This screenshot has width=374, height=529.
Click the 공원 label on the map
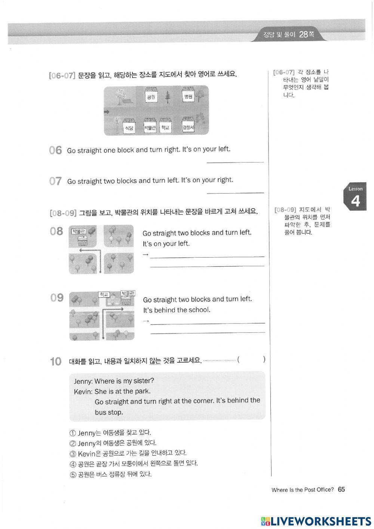tap(151, 97)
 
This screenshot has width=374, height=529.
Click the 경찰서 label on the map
tap(188, 128)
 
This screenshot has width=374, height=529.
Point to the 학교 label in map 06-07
tap(165, 128)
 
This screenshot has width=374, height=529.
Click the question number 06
tap(55, 151)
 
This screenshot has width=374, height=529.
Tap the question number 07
tap(55, 181)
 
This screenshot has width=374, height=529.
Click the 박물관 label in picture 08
tap(79, 231)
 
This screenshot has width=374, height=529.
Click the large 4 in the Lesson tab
tap(355, 201)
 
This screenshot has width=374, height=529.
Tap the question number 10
tap(55, 362)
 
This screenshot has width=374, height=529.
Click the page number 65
tap(341, 489)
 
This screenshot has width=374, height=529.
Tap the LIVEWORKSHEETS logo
tap(316, 521)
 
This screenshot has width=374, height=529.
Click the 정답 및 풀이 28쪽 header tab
tap(288, 35)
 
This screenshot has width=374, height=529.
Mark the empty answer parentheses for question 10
tap(251, 360)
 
